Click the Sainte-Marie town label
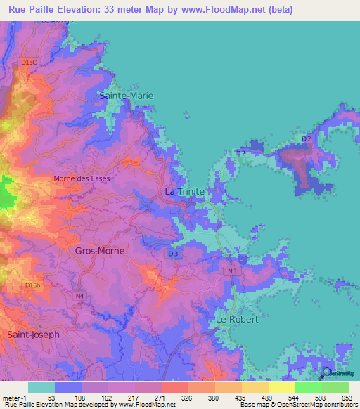click(127, 95)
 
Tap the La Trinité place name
click(184, 191)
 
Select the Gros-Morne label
click(99, 250)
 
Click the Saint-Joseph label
click(33, 335)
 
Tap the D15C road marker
click(29, 63)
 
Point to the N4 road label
click(79, 296)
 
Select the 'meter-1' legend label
click(13, 397)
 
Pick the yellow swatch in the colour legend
click(281, 387)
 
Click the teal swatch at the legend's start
click(41, 387)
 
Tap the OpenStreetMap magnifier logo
click(326, 373)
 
